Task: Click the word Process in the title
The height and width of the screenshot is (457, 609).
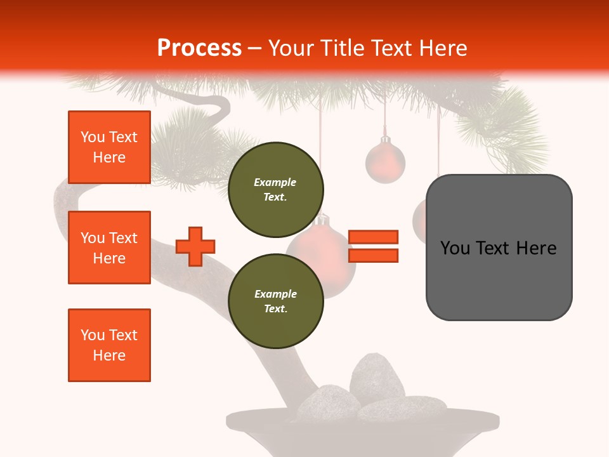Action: [x=199, y=48]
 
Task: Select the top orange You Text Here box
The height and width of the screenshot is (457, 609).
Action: [x=109, y=147]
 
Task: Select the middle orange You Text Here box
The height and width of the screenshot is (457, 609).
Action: [x=109, y=248]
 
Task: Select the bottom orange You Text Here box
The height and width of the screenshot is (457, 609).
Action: [x=109, y=345]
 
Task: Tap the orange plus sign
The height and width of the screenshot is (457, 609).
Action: [x=195, y=246]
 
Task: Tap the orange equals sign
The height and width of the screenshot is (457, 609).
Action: [x=373, y=246]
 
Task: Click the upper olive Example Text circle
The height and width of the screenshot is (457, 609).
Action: [x=275, y=189]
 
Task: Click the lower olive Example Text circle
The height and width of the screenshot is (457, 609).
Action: [x=275, y=301]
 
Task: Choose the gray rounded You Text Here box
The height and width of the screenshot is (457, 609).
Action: [x=499, y=247]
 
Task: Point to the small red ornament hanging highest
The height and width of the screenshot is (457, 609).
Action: [x=385, y=162]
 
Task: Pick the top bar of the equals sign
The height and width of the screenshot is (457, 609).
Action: [x=373, y=237]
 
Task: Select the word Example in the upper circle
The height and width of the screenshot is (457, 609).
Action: [x=275, y=182]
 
